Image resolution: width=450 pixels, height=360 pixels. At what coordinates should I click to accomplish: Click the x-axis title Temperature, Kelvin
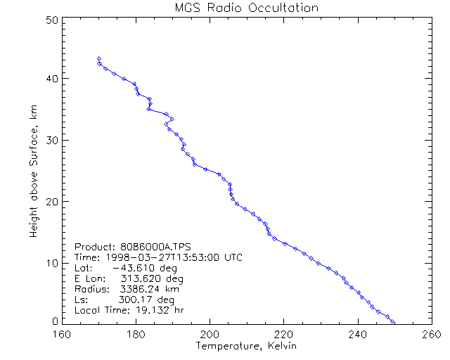click(246, 346)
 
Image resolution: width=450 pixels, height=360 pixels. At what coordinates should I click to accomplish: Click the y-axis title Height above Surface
click(34, 169)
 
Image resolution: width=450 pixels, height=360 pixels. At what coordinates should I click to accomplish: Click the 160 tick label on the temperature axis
click(63, 335)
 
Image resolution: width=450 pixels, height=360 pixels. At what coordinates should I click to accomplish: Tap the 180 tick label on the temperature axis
click(136, 335)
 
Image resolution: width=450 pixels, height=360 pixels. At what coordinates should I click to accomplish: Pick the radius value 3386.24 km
click(141, 289)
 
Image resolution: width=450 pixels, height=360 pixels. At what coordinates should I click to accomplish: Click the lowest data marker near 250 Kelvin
click(393, 321)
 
